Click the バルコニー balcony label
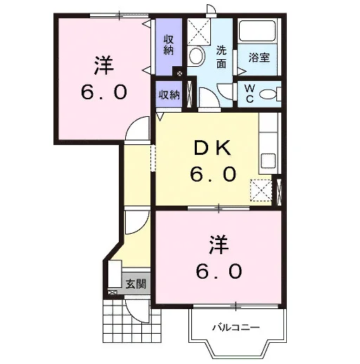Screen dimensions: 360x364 pyautogui.click(x=236, y=327)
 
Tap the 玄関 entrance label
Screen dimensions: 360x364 pyautogui.click(x=136, y=284)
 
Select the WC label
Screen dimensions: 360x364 pyautogui.click(x=250, y=94)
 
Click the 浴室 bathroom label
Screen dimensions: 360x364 pyautogui.click(x=259, y=57)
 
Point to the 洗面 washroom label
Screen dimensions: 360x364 pyautogui.click(x=221, y=56)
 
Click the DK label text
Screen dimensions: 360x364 pyautogui.click(x=213, y=148)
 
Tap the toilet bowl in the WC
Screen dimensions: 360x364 pyautogui.click(x=268, y=94)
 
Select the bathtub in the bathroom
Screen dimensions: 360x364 pyautogui.click(x=257, y=31)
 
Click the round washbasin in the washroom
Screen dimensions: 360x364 pyautogui.click(x=197, y=56)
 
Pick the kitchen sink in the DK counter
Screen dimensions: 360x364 pyautogui.click(x=268, y=161)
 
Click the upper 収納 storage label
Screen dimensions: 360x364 pyautogui.click(x=169, y=45)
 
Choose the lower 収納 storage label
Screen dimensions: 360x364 pyautogui.click(x=169, y=95)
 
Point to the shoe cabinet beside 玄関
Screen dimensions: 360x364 pyautogui.click(x=115, y=274)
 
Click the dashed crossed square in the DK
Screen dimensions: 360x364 pyautogui.click(x=262, y=190)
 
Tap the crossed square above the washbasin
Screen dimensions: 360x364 pyautogui.click(x=199, y=32)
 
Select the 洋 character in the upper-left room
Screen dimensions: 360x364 pyautogui.click(x=104, y=65)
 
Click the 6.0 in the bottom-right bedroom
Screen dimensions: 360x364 pyautogui.click(x=219, y=271)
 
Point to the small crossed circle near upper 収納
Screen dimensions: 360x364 pyautogui.click(x=179, y=73)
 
